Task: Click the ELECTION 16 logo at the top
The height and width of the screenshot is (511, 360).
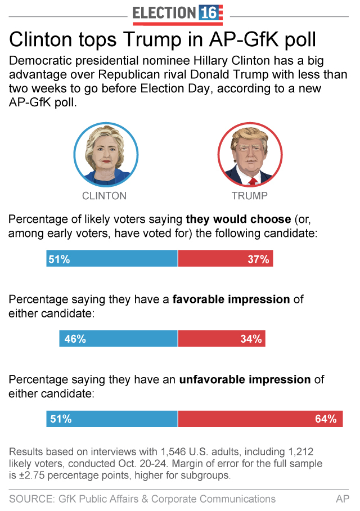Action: point(178,14)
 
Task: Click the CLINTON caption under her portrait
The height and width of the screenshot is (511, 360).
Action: point(104,196)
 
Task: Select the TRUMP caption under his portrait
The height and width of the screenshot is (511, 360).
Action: point(249,196)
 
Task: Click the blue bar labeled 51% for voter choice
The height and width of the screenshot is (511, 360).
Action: point(112,259)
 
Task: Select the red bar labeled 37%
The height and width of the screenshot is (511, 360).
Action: point(226,259)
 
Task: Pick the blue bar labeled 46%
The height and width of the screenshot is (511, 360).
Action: point(118,339)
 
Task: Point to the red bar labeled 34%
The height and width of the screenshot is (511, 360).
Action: point(222,339)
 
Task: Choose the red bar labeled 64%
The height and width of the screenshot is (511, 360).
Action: point(260,419)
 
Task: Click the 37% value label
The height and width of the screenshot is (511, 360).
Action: point(259,259)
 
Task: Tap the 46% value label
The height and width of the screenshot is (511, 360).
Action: point(75,339)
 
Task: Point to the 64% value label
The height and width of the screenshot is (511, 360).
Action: point(326,419)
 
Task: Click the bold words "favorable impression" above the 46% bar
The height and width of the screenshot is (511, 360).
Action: point(231,299)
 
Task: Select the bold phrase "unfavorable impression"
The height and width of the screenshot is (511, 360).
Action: point(245,380)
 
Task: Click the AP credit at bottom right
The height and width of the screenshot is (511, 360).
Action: point(343,499)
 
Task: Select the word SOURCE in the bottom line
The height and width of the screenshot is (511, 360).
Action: point(30,499)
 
